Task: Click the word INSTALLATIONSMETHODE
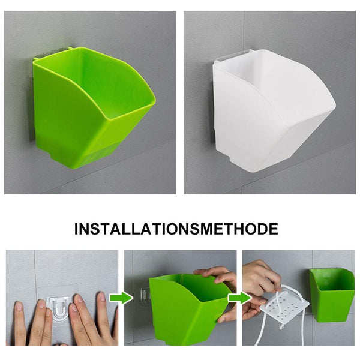click(176, 229)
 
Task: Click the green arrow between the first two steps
click(121, 298)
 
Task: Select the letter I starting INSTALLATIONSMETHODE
click(76, 229)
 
